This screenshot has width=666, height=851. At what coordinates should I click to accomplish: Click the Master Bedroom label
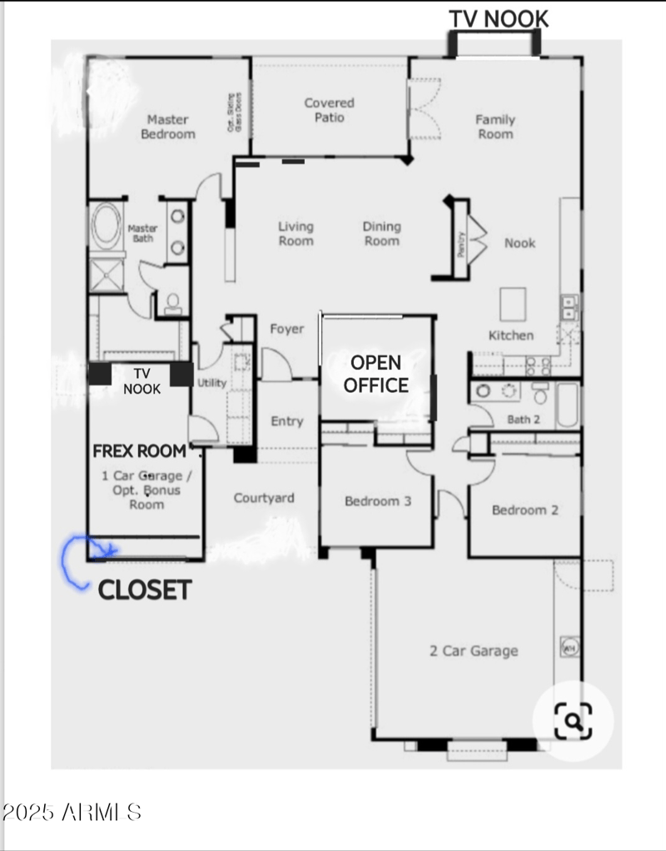168,127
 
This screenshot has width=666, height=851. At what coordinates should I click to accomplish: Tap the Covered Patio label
329,110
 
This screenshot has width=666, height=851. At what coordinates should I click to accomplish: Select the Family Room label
495,127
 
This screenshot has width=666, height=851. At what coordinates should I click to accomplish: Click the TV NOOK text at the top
499,18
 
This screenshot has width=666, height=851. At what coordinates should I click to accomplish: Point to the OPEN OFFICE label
376,374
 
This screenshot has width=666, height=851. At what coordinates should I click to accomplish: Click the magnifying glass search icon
572,720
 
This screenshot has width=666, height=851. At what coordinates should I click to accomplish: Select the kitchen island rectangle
512,303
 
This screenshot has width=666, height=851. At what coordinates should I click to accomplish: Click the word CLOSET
145,590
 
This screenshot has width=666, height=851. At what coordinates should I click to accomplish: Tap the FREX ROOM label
140,451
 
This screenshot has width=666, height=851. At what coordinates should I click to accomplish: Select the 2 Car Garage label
474,651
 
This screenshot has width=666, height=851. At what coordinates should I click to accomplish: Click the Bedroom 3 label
378,501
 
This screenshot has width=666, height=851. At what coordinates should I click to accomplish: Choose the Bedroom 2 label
524,510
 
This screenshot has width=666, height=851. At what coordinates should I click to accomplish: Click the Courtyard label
264,498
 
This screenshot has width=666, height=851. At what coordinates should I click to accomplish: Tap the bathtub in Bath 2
568,405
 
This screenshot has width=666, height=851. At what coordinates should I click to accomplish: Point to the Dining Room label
381,233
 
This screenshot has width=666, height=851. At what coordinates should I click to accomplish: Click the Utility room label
211,383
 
